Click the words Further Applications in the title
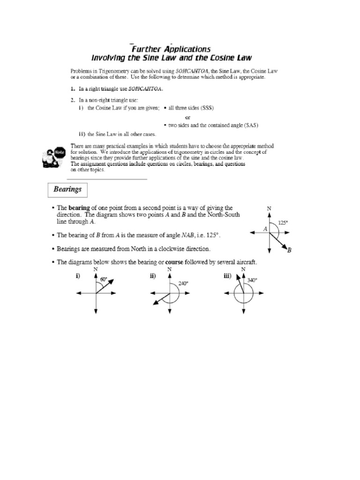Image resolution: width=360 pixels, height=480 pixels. (171, 49)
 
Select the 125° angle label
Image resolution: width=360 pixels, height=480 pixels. (283, 223)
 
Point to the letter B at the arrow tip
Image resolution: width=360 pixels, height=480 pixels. (289, 250)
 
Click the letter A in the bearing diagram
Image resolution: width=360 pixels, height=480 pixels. (265, 229)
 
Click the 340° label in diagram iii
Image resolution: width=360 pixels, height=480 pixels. (252, 280)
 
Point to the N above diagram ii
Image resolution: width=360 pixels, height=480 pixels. (169, 270)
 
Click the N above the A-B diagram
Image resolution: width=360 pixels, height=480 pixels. (269, 208)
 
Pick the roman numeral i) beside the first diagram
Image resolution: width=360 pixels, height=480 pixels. (79, 277)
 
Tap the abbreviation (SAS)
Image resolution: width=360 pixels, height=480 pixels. (250, 125)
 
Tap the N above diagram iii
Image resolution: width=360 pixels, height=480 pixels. (243, 270)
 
